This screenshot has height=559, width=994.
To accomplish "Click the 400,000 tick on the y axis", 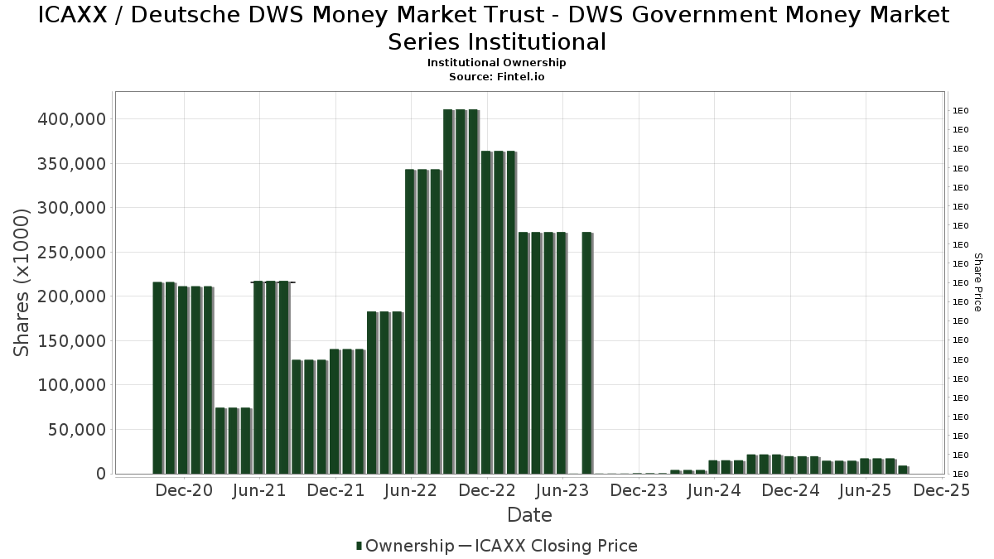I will (x=72, y=119).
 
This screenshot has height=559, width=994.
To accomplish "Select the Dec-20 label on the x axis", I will (x=184, y=491).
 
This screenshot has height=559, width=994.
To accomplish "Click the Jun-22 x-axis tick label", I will (x=411, y=491).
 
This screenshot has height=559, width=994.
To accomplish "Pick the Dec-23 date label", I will (x=639, y=491).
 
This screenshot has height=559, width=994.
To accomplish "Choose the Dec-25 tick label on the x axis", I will (x=942, y=491).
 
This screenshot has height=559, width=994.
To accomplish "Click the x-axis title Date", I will (x=529, y=515).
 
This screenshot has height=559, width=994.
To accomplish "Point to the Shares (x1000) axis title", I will (x=22, y=282).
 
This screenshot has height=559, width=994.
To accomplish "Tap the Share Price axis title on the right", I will (x=978, y=282).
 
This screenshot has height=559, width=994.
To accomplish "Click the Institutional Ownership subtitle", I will (x=497, y=63).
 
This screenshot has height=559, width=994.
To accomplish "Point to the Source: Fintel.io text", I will (x=497, y=76).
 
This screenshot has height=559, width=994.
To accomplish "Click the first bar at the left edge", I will (x=157, y=378).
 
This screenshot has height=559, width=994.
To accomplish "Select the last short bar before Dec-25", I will (x=903, y=470).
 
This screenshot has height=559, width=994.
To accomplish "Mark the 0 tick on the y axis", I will (x=100, y=474).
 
